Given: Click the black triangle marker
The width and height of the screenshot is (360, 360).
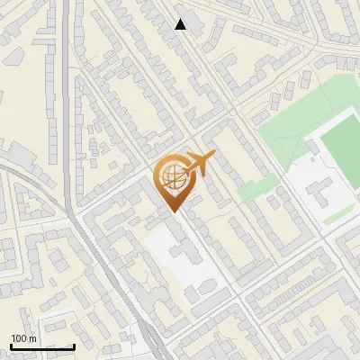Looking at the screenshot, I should tap(181, 24).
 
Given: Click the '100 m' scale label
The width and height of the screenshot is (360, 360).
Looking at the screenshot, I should tap(23, 337).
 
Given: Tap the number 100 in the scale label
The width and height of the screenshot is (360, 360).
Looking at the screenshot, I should tap(19, 337).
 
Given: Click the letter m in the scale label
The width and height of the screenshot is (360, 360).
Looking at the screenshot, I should tap(32, 337).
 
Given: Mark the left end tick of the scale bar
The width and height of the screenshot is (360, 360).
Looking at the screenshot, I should tap(10, 346).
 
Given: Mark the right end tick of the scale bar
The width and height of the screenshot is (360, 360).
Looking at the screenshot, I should tap(74, 346).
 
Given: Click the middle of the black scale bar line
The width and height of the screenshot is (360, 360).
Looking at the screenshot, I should tap(41, 346).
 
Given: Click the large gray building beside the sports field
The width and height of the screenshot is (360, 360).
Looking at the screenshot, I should tap(322, 189).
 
